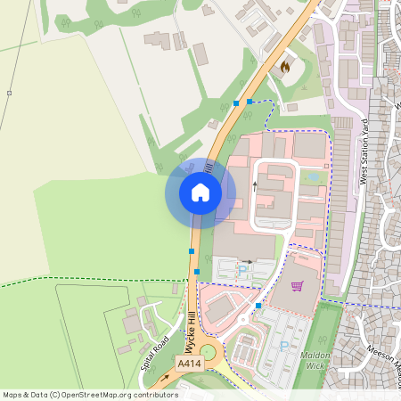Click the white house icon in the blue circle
point(200,192)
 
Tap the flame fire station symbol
point(285,66)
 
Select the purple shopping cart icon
point(297,286)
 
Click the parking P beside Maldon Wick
point(284,345)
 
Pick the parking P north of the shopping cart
point(241,269)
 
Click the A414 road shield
point(188,364)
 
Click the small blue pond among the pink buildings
point(312,177)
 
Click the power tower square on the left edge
point(9,93)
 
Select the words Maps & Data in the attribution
point(24,395)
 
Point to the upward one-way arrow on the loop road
point(254,185)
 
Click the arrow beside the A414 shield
point(164,377)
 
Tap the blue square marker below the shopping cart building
point(258,306)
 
